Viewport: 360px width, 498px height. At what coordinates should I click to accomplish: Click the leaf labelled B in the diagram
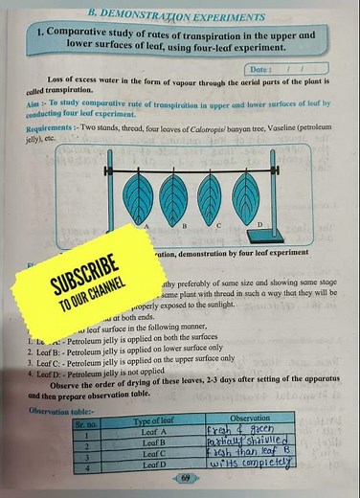(175, 196)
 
